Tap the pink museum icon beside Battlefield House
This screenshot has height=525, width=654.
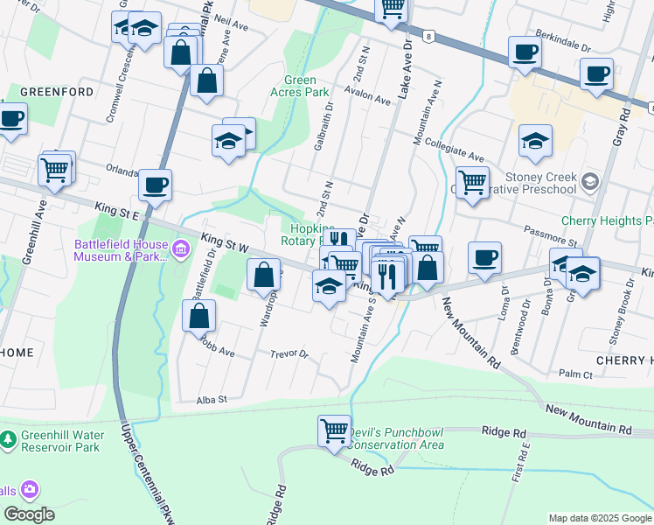(x=181, y=250)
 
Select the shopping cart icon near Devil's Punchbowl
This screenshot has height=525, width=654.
(x=334, y=430)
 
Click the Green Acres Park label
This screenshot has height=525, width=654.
(x=300, y=87)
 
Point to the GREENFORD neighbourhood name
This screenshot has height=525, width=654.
(x=44, y=91)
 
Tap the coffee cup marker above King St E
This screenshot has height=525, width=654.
(x=155, y=185)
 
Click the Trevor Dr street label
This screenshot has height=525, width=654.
(x=289, y=354)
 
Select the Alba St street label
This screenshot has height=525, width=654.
(x=212, y=399)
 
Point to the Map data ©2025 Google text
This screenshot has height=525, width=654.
(x=599, y=518)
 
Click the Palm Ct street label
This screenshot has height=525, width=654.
(x=575, y=374)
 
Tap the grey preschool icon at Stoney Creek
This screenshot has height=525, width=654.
(x=590, y=181)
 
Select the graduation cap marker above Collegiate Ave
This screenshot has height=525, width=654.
(x=535, y=141)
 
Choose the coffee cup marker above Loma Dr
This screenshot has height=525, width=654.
(x=484, y=257)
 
